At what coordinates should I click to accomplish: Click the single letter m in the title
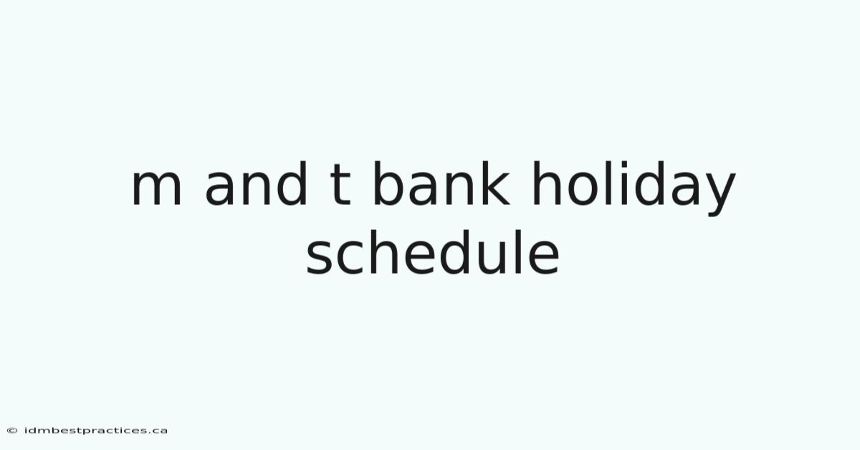pyautogui.click(x=157, y=188)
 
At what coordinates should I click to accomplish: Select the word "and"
pyautogui.click(x=256, y=183)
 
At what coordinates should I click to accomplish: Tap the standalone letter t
pyautogui.click(x=340, y=185)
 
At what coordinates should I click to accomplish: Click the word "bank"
pyautogui.click(x=441, y=183)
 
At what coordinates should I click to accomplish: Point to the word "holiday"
pyautogui.click(x=634, y=188)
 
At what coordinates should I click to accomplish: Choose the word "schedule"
pyautogui.click(x=433, y=252)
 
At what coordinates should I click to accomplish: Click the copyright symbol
pyautogui.click(x=12, y=431)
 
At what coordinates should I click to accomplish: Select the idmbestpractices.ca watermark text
pyautogui.click(x=96, y=431)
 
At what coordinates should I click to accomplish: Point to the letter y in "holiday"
pyautogui.click(x=719, y=194)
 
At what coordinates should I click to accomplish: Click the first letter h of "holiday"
pyautogui.click(x=548, y=183)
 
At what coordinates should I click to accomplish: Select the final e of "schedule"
pyautogui.click(x=544, y=257)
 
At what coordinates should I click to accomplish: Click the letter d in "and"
pyautogui.click(x=292, y=183)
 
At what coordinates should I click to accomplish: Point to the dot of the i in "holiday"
pyautogui.click(x=624, y=164)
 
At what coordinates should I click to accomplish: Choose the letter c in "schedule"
pyautogui.click(x=351, y=257)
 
